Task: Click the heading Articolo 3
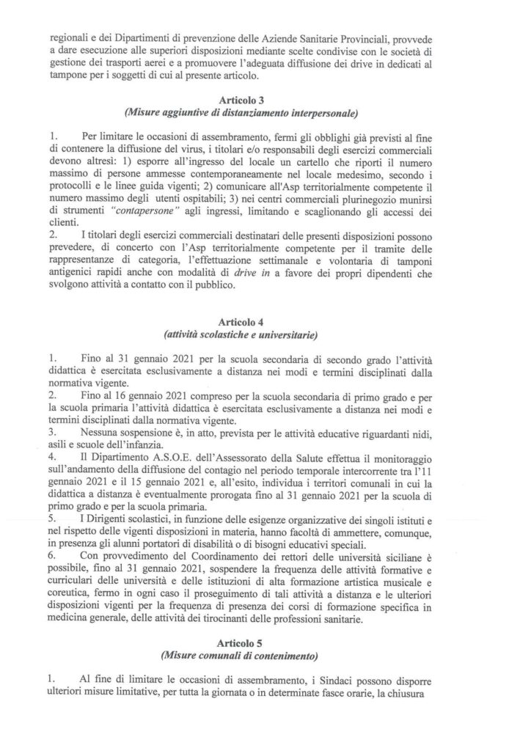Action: tap(265, 100)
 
